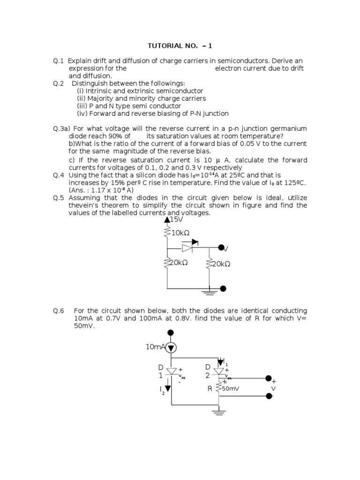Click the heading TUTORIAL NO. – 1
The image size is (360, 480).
[x=180, y=45]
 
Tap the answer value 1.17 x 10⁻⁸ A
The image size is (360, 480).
[x=110, y=190]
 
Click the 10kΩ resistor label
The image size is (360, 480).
[x=180, y=232]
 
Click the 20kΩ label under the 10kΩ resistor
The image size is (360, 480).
[x=178, y=263]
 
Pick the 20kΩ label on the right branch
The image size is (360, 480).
[x=221, y=264]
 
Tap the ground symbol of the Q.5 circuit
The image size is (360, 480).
[x=209, y=292]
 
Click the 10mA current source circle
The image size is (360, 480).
[x=171, y=347]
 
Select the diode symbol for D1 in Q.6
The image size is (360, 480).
[x=172, y=372]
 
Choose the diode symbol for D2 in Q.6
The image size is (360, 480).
[x=218, y=372]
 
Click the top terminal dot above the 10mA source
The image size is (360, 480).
[x=171, y=332]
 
